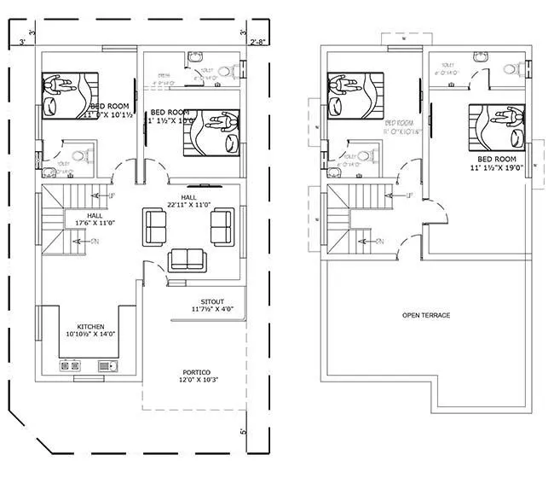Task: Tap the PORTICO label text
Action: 196,372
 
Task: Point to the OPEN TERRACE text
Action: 425,315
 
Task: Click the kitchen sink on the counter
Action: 107,365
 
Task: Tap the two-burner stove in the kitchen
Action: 69,365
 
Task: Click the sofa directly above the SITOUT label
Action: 185,259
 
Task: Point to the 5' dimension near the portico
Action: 244,431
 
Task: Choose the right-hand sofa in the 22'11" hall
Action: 220,226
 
